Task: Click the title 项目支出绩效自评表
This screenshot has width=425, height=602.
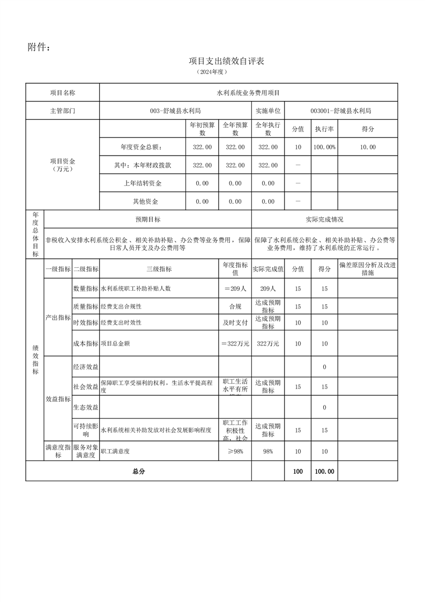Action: (x=226, y=61)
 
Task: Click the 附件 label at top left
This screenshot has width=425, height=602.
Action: (x=39, y=48)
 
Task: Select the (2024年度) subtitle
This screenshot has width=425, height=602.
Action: (x=212, y=71)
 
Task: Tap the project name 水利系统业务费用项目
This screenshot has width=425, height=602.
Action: (x=248, y=93)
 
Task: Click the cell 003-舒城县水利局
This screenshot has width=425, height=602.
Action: (x=175, y=111)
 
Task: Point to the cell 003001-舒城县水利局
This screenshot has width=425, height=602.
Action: (x=340, y=111)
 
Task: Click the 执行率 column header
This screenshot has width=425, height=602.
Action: (x=324, y=129)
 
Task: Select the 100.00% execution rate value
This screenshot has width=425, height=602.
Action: (x=324, y=147)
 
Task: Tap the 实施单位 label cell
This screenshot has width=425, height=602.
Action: (x=267, y=111)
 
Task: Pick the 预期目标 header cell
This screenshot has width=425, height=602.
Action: (x=147, y=219)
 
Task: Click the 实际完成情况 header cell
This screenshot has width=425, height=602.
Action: (x=324, y=219)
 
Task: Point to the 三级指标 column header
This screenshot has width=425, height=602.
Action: (x=159, y=269)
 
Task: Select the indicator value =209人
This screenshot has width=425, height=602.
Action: (x=235, y=289)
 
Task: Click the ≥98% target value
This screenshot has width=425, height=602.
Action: (x=235, y=452)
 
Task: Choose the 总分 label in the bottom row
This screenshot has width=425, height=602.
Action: (x=138, y=471)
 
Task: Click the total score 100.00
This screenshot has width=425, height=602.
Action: (x=324, y=471)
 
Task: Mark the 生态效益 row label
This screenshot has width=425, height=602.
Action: (x=86, y=408)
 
